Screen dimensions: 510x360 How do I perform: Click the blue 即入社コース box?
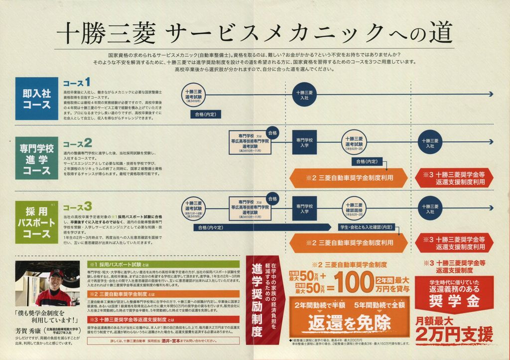pyautogui.click(x=36, y=98)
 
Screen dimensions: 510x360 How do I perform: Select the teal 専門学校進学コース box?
pyautogui.click(x=36, y=158)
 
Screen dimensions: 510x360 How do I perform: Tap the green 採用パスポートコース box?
pyautogui.click(x=36, y=222)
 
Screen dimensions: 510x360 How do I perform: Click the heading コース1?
pyautogui.click(x=76, y=82)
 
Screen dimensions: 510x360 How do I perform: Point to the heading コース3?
pyautogui.click(x=77, y=206)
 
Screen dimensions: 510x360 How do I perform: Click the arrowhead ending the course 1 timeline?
pyautogui.click(x=491, y=94)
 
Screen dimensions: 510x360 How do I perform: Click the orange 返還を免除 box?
pyautogui.click(x=349, y=322)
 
